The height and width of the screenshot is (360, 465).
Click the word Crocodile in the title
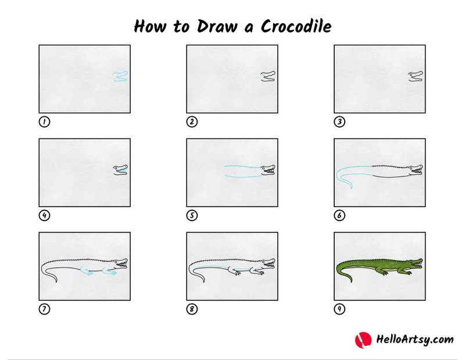296,26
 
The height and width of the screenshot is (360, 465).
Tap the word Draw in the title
217,26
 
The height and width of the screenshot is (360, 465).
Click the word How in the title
150,26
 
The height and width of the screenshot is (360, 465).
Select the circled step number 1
45,122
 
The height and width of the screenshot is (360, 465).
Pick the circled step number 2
192,122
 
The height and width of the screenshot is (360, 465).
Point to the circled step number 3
339,122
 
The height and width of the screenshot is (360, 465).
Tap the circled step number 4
45,215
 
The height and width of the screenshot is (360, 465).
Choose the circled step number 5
192,215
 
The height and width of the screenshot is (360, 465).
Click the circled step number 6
339,215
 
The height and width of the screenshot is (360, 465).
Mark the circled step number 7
45,309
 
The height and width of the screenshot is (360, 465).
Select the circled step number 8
192,309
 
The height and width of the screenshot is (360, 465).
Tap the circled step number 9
339,309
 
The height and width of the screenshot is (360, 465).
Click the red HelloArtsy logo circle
363,340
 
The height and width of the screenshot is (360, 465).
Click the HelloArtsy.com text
415,339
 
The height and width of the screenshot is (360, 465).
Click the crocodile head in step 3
416,76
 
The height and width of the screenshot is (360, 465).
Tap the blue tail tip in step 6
352,188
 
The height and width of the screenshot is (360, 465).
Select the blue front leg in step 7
110,271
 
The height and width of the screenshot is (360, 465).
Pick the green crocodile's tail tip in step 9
352,281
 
